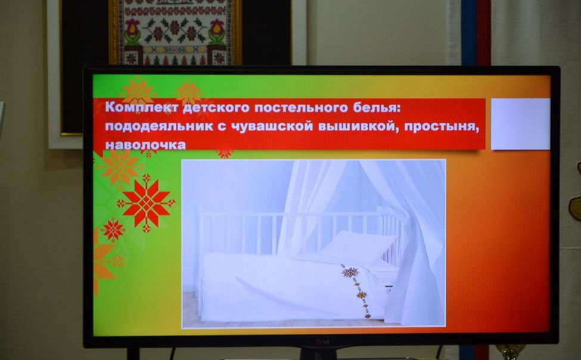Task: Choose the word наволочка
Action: coord(145,144)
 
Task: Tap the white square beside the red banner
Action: coord(520,123)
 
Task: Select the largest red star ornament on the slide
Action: coord(146,202)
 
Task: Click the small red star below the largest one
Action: coord(113,229)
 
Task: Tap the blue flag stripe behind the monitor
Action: coord(469,33)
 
